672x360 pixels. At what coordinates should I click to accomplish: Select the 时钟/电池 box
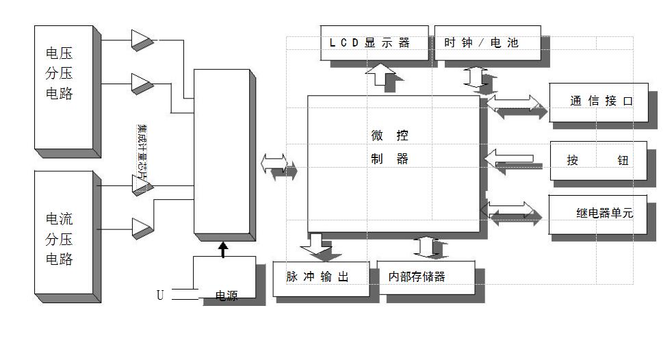tap(487, 42)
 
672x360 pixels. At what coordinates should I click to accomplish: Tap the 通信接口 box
tap(599, 101)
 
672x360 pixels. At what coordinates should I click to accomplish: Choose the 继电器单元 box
tap(599, 214)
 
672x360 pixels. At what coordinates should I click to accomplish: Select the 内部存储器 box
tap(425, 277)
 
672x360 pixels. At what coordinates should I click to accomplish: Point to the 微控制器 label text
tap(389, 147)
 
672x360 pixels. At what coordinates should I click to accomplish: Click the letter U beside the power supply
tap(160, 295)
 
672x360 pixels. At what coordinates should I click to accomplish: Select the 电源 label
tap(226, 296)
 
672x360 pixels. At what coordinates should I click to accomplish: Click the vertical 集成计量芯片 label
tap(142, 151)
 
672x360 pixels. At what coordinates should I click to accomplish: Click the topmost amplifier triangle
tap(142, 39)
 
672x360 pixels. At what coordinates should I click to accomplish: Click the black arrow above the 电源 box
tap(222, 248)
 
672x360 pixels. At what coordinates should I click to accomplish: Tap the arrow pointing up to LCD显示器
tap(377, 73)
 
